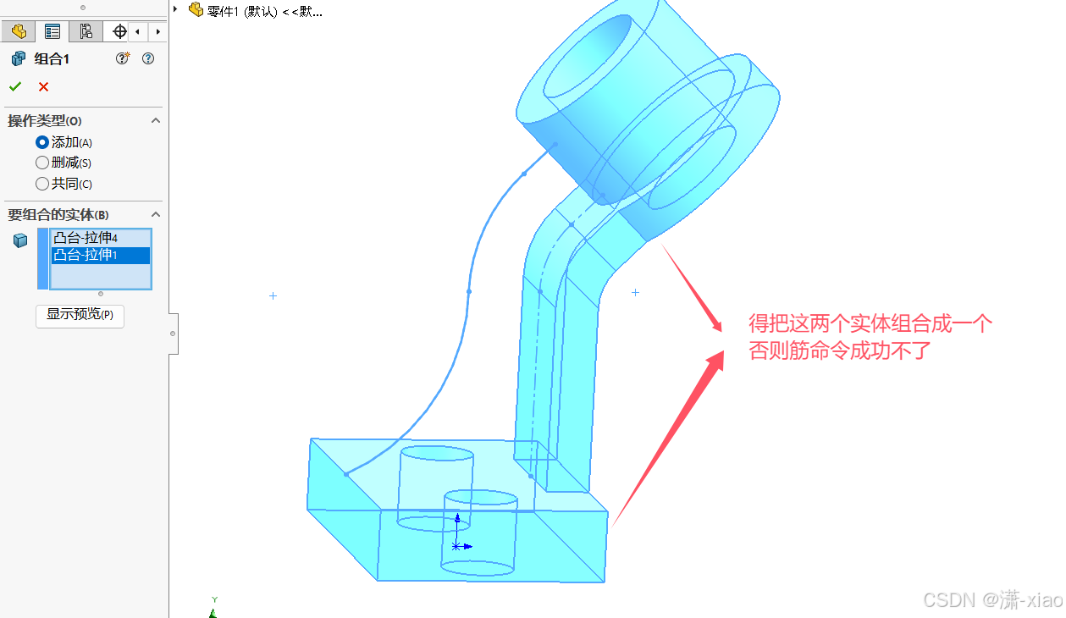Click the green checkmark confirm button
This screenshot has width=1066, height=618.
click(15, 86)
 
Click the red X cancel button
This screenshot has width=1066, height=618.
click(43, 86)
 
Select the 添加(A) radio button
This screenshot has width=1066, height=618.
click(42, 142)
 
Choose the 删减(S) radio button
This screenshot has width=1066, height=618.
click(42, 163)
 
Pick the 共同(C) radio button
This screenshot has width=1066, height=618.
click(42, 183)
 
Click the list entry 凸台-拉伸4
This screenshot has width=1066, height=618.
click(86, 238)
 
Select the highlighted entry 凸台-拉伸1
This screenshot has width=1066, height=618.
click(86, 255)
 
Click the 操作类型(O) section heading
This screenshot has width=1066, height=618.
click(45, 121)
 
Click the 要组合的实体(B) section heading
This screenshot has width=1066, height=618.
click(58, 215)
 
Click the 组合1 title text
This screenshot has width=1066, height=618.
click(52, 58)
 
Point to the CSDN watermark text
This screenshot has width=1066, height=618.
click(991, 600)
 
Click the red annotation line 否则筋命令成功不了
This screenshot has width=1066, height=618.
click(840, 350)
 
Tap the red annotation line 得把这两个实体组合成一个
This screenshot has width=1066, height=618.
click(870, 323)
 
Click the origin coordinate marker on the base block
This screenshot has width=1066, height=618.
click(456, 546)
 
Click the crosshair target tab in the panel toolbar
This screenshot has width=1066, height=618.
click(119, 31)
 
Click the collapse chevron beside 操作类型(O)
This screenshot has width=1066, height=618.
click(156, 121)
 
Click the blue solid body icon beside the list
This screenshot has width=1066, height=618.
click(20, 240)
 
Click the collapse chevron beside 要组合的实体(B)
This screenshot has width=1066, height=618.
click(156, 215)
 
